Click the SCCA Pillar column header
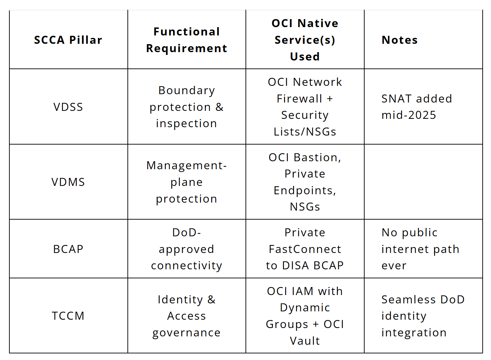[68, 40]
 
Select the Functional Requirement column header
[186, 40]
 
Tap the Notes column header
[400, 40]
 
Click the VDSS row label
[68, 107]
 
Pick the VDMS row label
[68, 182]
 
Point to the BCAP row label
[68, 249]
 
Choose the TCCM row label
[68, 316]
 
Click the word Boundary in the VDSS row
[186, 91]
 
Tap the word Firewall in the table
[300, 98]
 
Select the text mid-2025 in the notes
[409, 115]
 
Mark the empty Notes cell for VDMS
[423, 182]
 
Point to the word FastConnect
[305, 249]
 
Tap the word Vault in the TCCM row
[305, 341]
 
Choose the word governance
[186, 333]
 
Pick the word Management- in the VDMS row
[186, 165]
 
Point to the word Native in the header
[318, 23]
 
